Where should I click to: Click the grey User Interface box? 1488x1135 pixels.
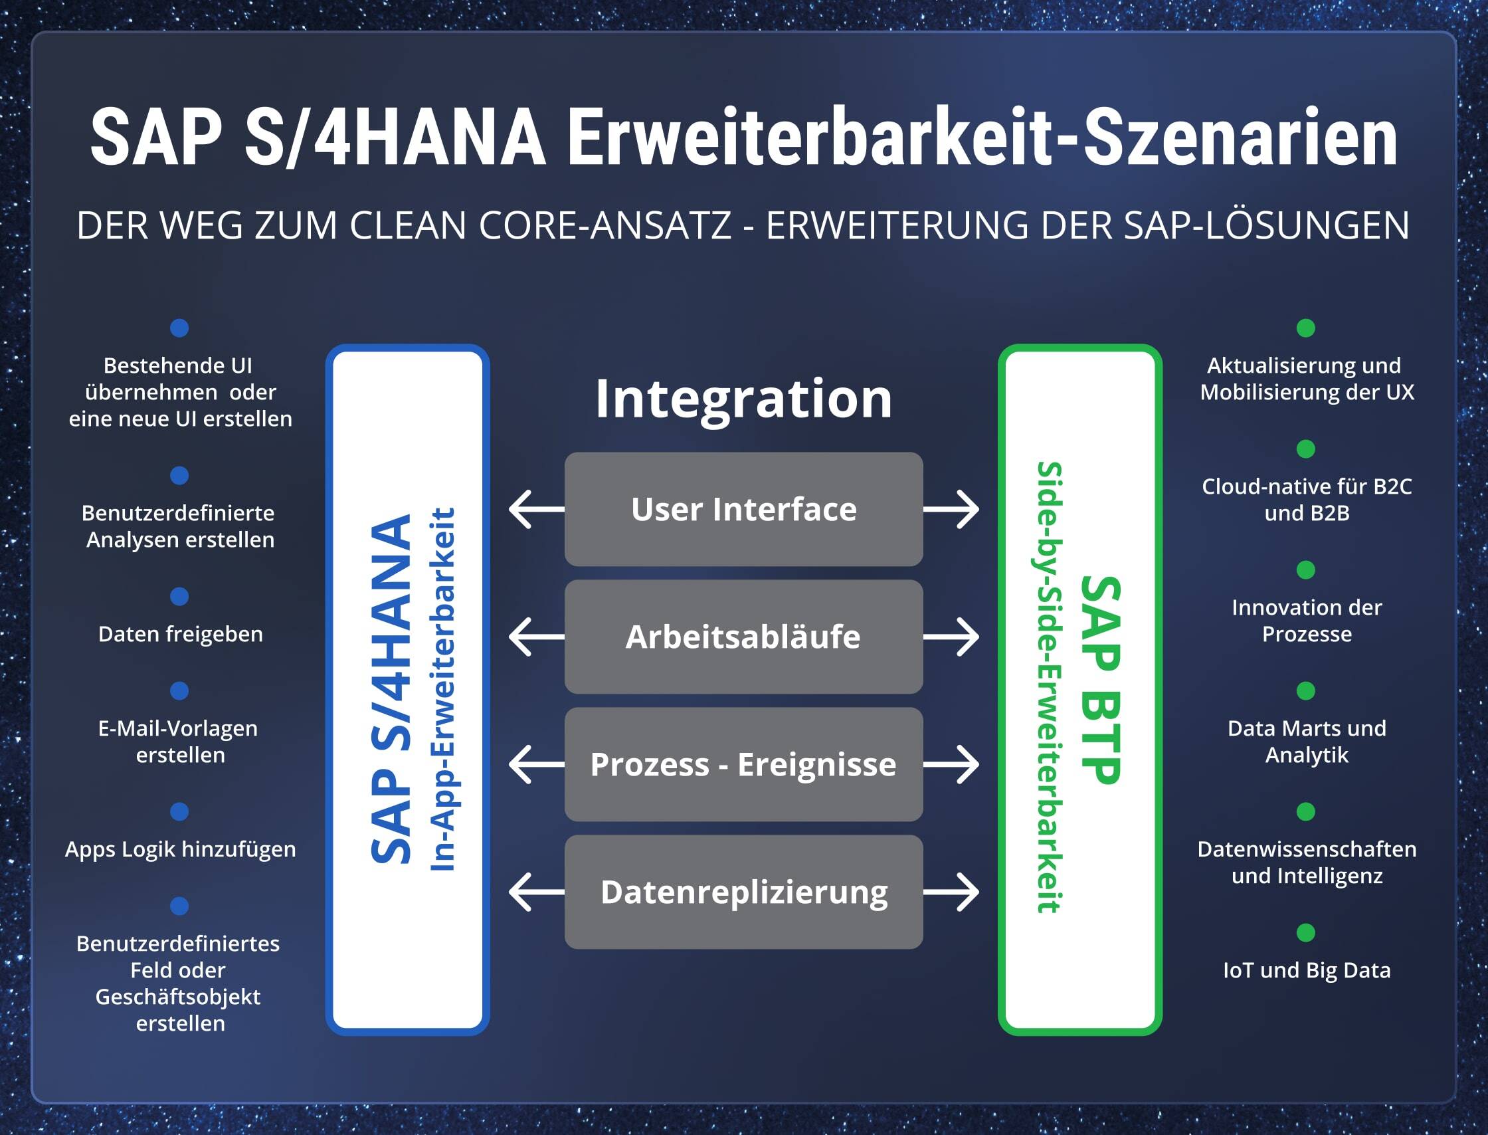[743, 509]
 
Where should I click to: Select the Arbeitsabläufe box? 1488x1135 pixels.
[743, 637]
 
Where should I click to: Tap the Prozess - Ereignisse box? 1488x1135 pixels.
[743, 764]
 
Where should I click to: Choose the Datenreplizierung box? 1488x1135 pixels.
[743, 892]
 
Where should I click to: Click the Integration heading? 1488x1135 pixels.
[743, 399]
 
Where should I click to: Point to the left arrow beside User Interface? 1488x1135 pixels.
[536, 509]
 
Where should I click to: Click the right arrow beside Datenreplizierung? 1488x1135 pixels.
[951, 892]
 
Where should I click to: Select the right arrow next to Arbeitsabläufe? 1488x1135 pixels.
[951, 637]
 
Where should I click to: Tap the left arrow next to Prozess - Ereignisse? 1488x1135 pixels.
[536, 764]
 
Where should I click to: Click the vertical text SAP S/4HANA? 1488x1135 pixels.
[391, 689]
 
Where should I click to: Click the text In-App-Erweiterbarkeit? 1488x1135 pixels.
[442, 689]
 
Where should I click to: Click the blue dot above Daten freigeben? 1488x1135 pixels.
[179, 597]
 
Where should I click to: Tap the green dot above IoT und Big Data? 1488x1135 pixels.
[1305, 932]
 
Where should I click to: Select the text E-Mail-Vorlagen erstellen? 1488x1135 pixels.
[179, 741]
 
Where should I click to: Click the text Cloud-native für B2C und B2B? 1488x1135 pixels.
[1306, 499]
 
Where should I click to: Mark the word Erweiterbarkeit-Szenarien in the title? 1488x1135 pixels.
[981, 137]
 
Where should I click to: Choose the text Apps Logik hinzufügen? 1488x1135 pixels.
[180, 849]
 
